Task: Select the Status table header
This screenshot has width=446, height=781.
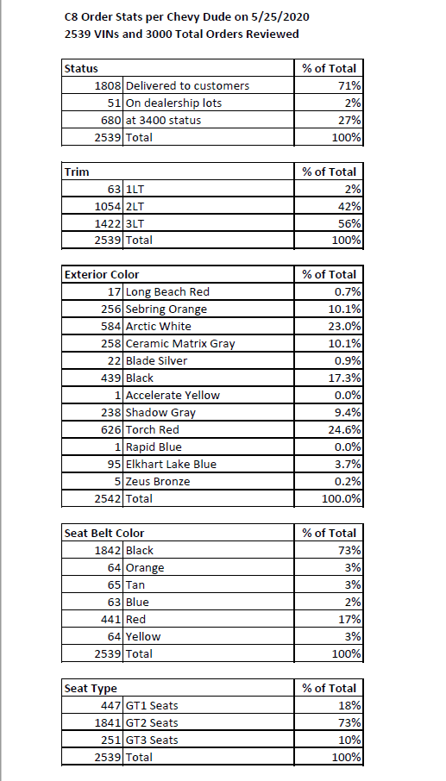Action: click(x=81, y=68)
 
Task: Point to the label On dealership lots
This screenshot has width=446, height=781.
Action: click(x=169, y=103)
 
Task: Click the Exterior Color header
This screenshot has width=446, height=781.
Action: click(x=102, y=274)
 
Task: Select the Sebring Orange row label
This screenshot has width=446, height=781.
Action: click(x=166, y=309)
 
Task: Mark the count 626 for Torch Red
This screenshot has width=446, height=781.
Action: click(x=111, y=429)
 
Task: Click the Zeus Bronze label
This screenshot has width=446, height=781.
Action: click(x=158, y=481)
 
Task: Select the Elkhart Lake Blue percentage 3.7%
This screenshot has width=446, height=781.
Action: click(x=348, y=464)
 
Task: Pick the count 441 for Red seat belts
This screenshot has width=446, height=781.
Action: click(x=111, y=619)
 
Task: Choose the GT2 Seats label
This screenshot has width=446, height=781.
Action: click(x=152, y=722)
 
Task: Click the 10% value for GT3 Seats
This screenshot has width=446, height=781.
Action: click(x=349, y=740)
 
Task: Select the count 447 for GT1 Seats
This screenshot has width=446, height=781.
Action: click(x=111, y=705)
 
